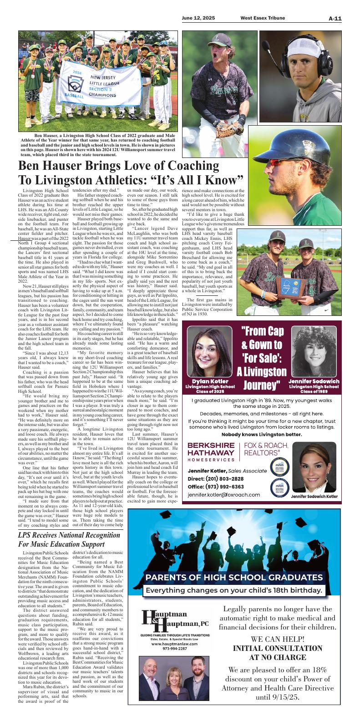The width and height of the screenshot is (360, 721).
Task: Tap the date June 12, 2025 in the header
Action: click(x=198, y=18)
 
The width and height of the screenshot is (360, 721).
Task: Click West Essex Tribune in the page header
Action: click(x=263, y=18)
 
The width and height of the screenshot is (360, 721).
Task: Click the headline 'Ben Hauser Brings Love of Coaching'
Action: click(x=118, y=165)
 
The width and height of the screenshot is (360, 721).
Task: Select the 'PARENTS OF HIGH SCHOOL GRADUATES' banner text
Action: click(x=234, y=578)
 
